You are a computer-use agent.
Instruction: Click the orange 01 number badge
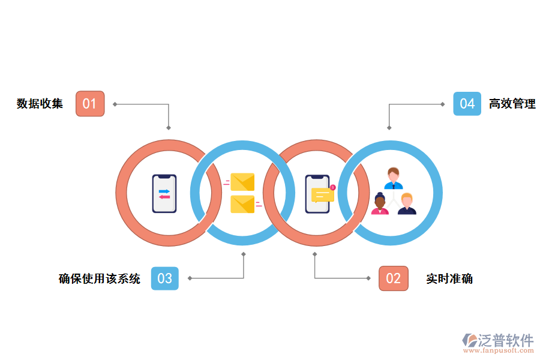90,104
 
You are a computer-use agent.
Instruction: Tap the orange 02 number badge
393,278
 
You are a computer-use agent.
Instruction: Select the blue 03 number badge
164,278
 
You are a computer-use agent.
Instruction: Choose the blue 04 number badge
467,104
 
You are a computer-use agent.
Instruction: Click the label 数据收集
40,104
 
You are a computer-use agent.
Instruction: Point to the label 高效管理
512,104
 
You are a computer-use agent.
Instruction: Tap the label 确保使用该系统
100,278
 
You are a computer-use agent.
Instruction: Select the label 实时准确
449,278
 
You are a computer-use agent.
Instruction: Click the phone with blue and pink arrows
164,193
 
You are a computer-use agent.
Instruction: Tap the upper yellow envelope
242,182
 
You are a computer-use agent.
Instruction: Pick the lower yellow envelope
242,204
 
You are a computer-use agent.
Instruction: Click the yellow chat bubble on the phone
322,194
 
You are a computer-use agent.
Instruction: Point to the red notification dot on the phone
333,187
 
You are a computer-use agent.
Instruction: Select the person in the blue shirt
393,178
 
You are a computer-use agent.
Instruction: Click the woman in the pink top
380,205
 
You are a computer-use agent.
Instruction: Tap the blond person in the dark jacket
407,205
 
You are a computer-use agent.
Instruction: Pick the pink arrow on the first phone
164,197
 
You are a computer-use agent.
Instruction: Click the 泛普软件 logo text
506,340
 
